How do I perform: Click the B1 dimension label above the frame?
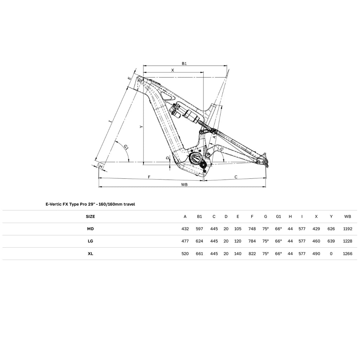point(184,64)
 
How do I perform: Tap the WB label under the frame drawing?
point(184,185)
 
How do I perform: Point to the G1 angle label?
point(126,147)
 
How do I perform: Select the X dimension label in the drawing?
point(173,70)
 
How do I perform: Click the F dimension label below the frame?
point(149,177)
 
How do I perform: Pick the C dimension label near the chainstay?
point(236,177)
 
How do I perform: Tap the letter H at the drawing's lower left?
point(101,166)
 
